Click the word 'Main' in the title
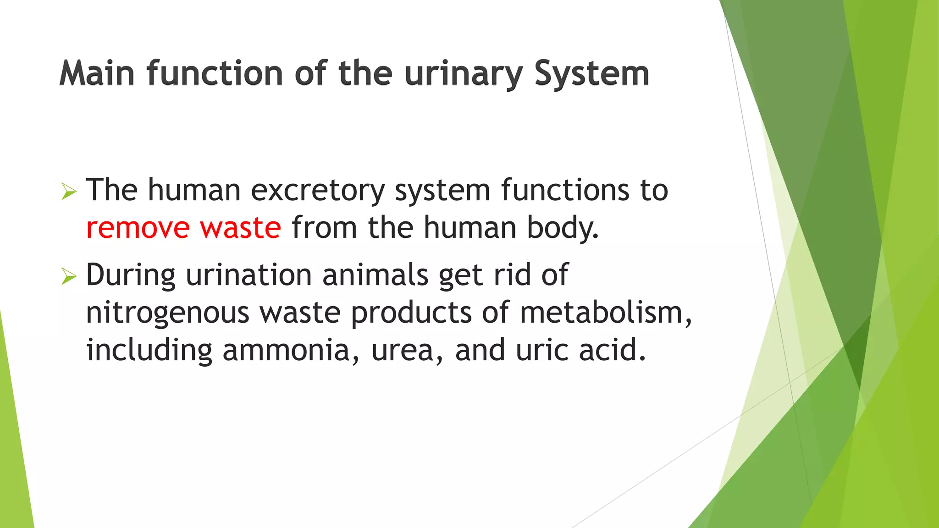pyautogui.click(x=97, y=73)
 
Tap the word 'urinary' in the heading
pyautogui.click(x=464, y=74)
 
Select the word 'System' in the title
pyautogui.click(x=592, y=73)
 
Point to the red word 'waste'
pyautogui.click(x=240, y=228)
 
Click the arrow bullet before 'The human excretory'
pyautogui.click(x=69, y=192)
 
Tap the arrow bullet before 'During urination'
pyautogui.click(x=69, y=276)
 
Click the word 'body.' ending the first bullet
pyautogui.click(x=563, y=228)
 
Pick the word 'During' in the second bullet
pyautogui.click(x=131, y=275)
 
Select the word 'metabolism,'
pyautogui.click(x=606, y=313)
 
